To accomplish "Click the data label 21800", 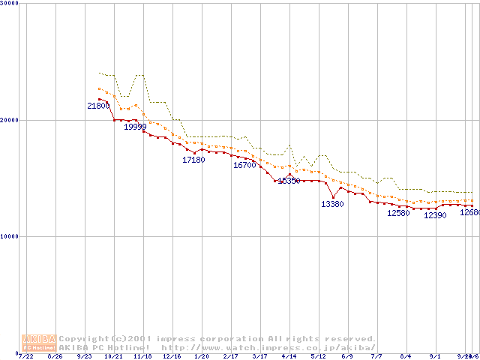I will [x=98, y=106].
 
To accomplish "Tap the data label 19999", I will [x=135, y=127].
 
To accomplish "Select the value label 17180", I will [x=193, y=160].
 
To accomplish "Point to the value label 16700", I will [x=244, y=165].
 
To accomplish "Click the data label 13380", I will [x=332, y=204].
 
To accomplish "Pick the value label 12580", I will [x=398, y=213].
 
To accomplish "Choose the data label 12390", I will [x=435, y=215].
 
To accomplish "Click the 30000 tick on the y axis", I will [x=8, y=3].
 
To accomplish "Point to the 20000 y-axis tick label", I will [x=8, y=120].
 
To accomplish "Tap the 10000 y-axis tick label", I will [x=8, y=236].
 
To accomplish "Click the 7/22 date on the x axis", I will [x=26, y=356].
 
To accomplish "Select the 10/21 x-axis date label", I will [x=113, y=356].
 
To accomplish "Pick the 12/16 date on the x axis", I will [x=172, y=356].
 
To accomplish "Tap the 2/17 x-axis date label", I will [x=230, y=356].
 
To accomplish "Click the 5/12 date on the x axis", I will [x=318, y=356].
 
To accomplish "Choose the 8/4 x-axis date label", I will [x=406, y=356].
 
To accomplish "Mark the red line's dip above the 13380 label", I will [x=333, y=196].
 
